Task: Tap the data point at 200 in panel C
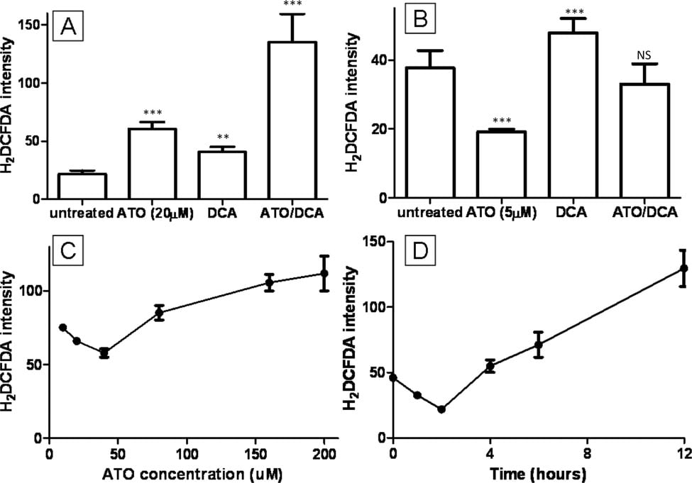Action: [324, 273]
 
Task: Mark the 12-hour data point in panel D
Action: [683, 268]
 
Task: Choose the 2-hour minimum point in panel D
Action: [441, 409]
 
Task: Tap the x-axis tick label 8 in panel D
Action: [586, 453]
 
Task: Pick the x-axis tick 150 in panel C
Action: [256, 453]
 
